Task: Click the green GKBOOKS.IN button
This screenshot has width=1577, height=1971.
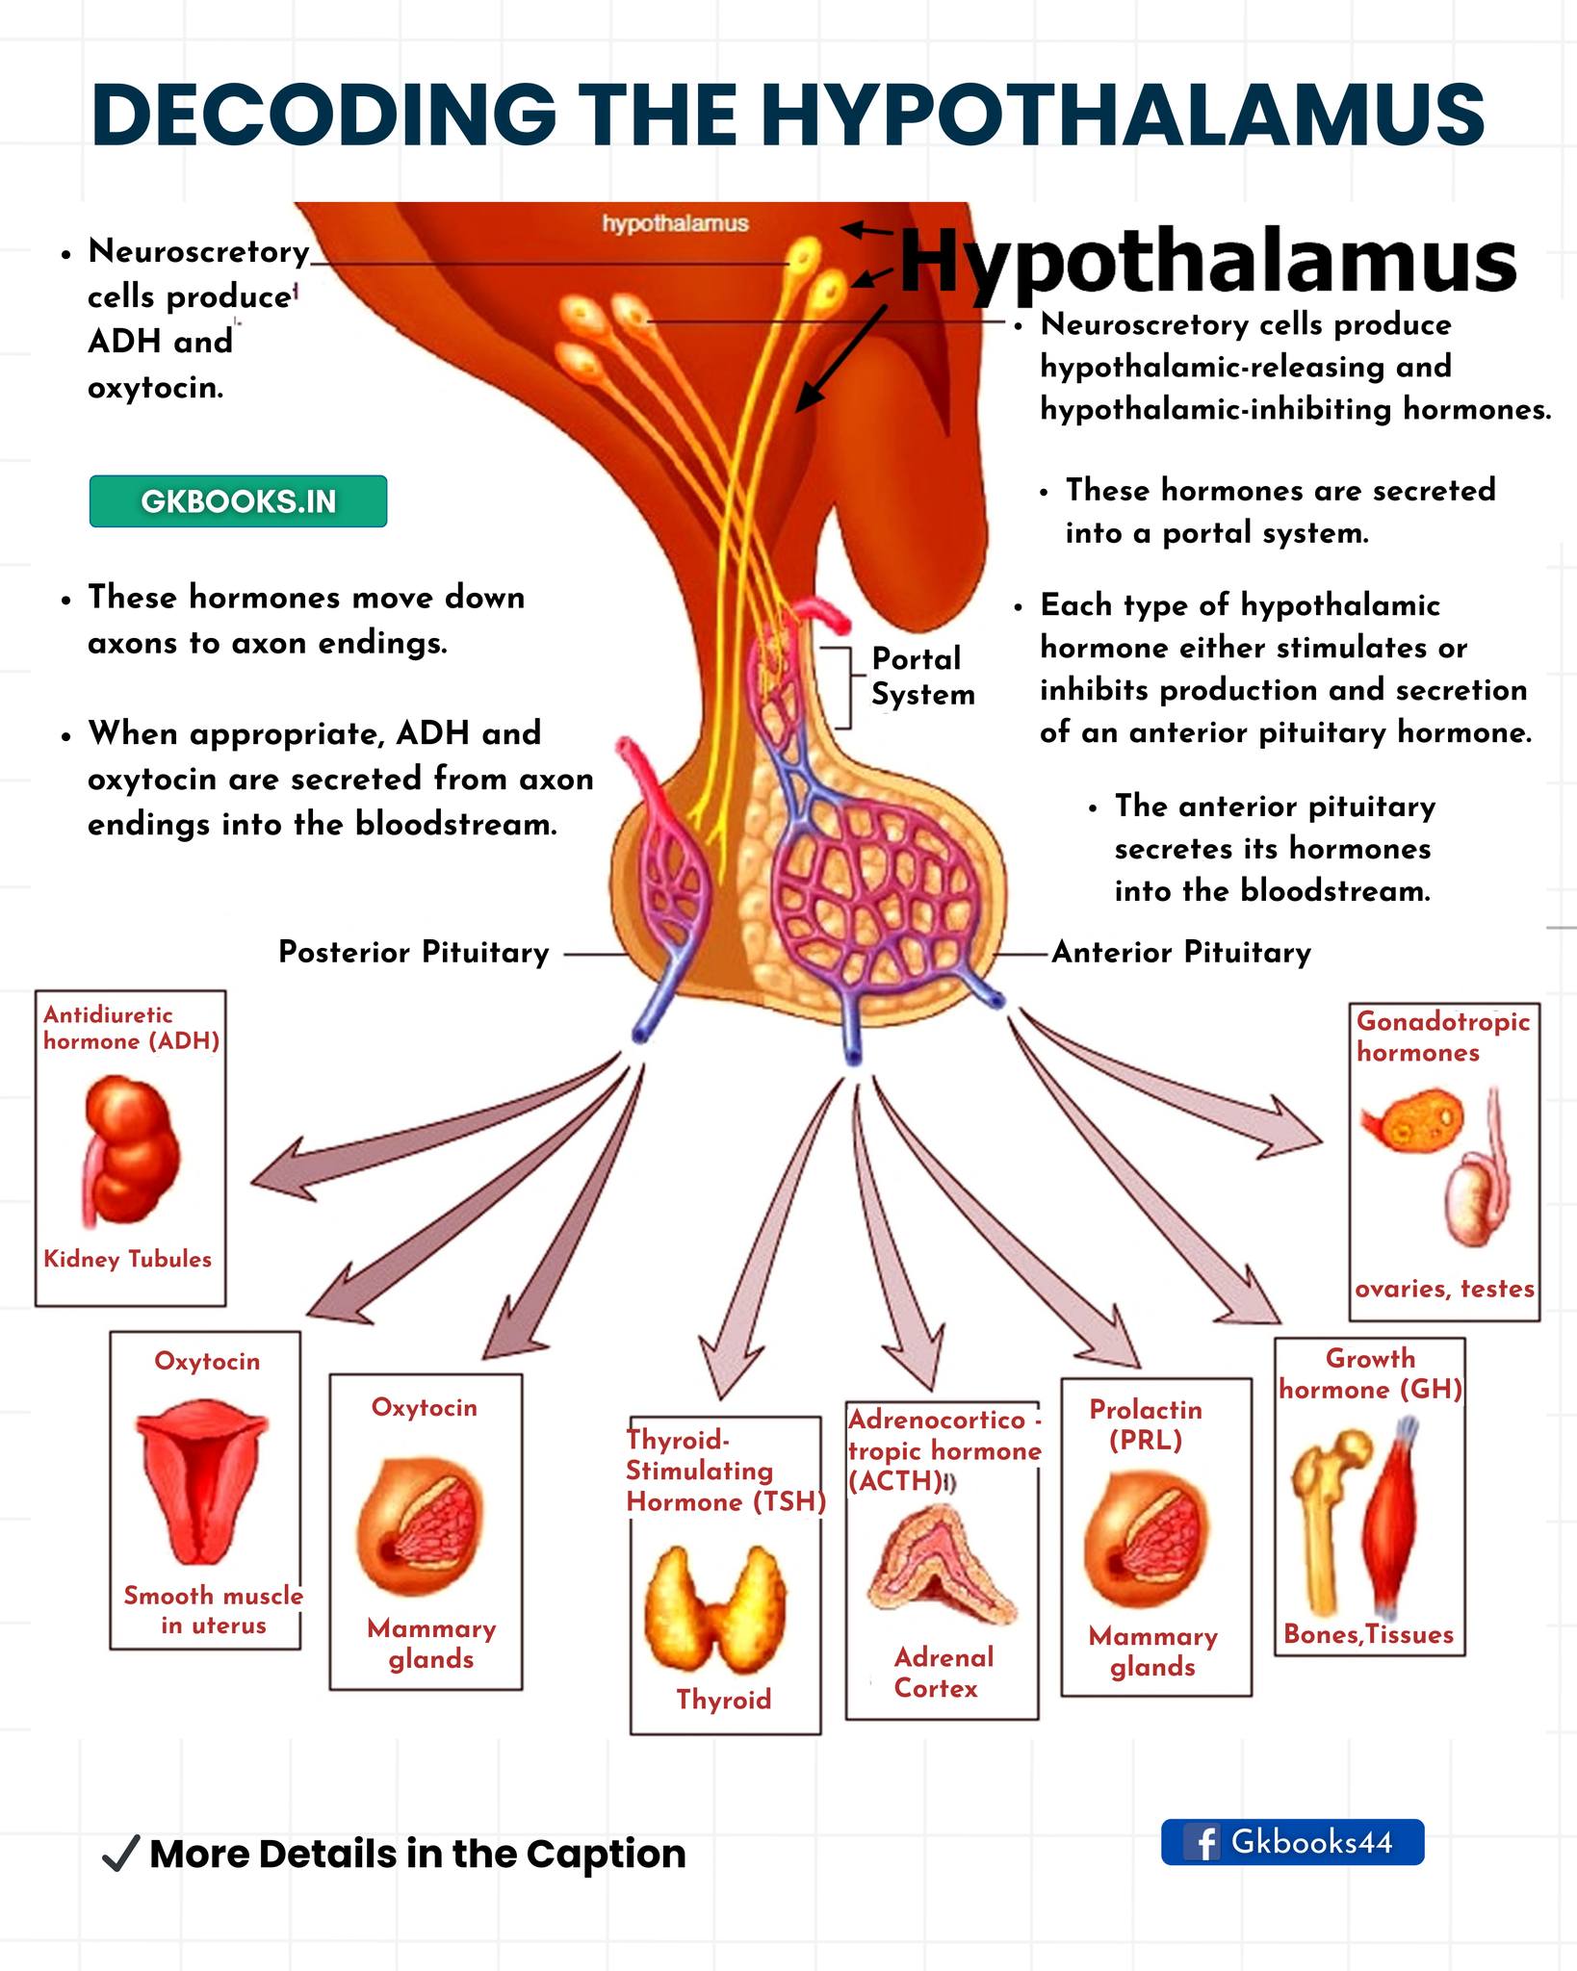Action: pos(238,501)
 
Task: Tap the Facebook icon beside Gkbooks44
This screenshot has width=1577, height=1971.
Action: pos(1202,1843)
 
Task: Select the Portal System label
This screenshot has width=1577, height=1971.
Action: pos(922,677)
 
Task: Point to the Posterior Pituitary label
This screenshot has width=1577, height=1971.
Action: pos(414,953)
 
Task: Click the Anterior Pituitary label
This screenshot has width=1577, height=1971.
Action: pos(1181,953)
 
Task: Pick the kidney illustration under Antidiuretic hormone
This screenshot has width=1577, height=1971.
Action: pos(130,1150)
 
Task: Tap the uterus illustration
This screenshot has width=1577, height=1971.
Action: pos(202,1481)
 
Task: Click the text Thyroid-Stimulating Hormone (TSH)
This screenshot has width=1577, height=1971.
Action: pos(726,1471)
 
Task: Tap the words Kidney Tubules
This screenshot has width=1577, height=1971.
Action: pos(127,1259)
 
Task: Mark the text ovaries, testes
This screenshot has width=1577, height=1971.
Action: pos(1444,1289)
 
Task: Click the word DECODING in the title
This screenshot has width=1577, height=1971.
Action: pos(324,114)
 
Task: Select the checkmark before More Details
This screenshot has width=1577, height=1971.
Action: pos(120,1854)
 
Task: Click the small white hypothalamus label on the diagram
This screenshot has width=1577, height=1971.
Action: pos(675,223)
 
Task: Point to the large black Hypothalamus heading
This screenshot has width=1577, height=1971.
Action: pos(1208,260)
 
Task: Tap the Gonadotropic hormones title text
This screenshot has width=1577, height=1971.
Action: pos(1443,1037)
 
